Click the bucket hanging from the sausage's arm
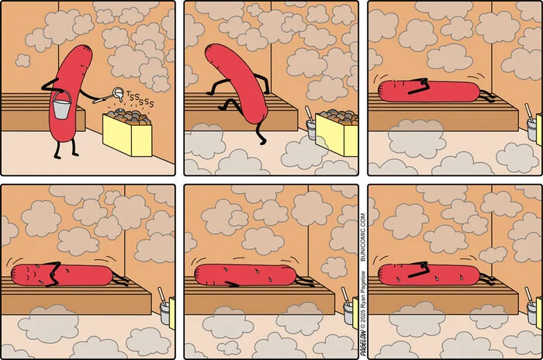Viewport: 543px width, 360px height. point(62,105)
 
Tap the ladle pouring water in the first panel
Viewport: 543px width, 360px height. point(109,95)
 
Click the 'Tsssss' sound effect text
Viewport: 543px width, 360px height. point(140,99)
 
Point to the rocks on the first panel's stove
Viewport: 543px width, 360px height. point(129,117)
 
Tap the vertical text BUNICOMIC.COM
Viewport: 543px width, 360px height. point(362,237)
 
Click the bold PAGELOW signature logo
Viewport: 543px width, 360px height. point(362,343)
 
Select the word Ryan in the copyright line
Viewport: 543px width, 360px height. point(362,301)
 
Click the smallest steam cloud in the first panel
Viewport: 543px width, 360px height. point(22,61)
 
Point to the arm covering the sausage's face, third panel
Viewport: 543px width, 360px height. point(418,86)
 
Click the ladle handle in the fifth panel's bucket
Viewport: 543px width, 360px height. point(345,295)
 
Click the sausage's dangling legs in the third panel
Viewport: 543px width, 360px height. point(487,96)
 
